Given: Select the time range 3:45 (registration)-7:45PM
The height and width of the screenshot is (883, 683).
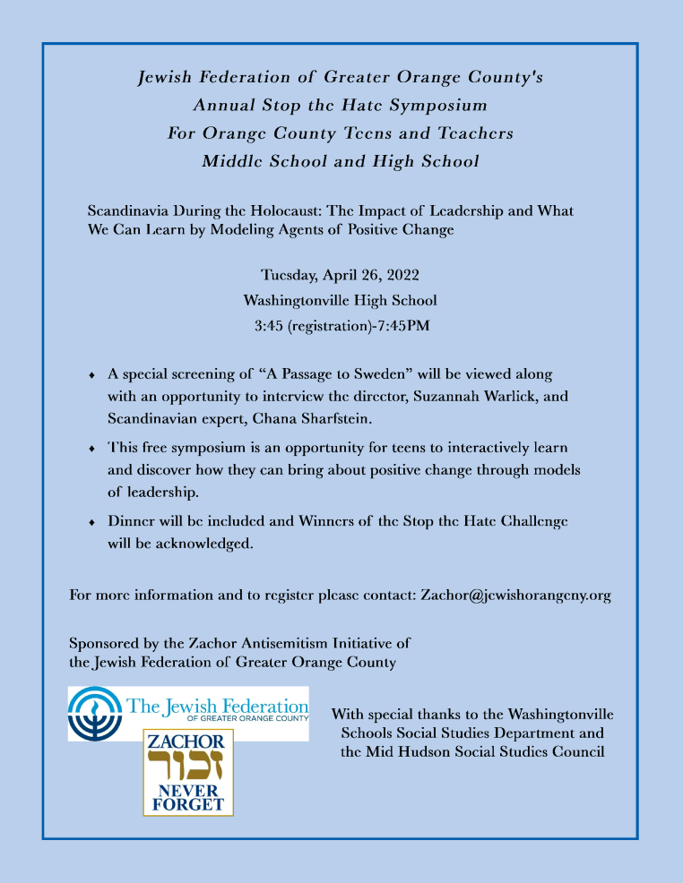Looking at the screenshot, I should tap(341, 325).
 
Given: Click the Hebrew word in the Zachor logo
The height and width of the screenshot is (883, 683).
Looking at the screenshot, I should tap(188, 768).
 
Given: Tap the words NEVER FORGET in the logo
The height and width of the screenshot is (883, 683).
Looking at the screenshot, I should tap(188, 797).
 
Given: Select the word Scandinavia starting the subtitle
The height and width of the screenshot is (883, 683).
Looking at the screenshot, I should tap(129, 211).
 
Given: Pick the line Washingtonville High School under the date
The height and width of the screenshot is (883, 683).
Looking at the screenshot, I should tap(341, 300).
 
